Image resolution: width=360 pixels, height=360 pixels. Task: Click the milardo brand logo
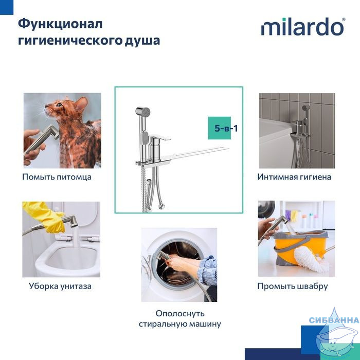pos(303,27)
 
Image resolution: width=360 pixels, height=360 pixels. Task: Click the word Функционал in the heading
pos(60,24)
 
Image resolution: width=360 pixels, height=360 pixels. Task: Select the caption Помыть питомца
pos(57,177)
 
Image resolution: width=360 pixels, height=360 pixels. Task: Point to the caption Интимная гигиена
pos(294,177)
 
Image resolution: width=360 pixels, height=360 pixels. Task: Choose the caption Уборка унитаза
pos(60,286)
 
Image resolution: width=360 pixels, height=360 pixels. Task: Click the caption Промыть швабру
pos(293,286)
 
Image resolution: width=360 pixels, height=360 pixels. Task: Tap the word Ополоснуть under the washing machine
pos(180,314)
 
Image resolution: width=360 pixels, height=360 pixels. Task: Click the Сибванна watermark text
pos(334,320)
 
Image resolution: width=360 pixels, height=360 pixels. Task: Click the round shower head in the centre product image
pos(143,112)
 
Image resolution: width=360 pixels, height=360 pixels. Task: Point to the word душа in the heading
pos(142,41)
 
